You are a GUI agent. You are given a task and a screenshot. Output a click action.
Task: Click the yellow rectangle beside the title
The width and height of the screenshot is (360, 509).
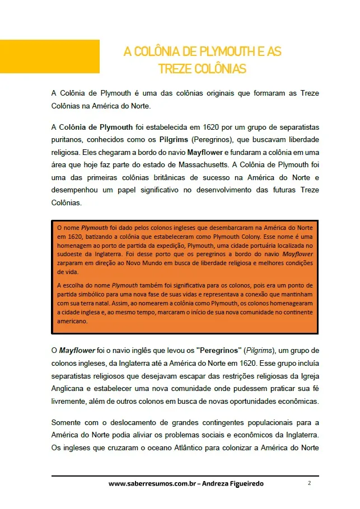(x=50, y=56)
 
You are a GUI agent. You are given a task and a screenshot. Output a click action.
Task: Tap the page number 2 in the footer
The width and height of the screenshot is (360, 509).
(x=309, y=483)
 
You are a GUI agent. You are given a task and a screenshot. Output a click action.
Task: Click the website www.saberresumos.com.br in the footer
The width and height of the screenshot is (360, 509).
(x=152, y=483)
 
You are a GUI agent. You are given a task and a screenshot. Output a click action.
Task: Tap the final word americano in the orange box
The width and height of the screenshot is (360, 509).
(x=73, y=321)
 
